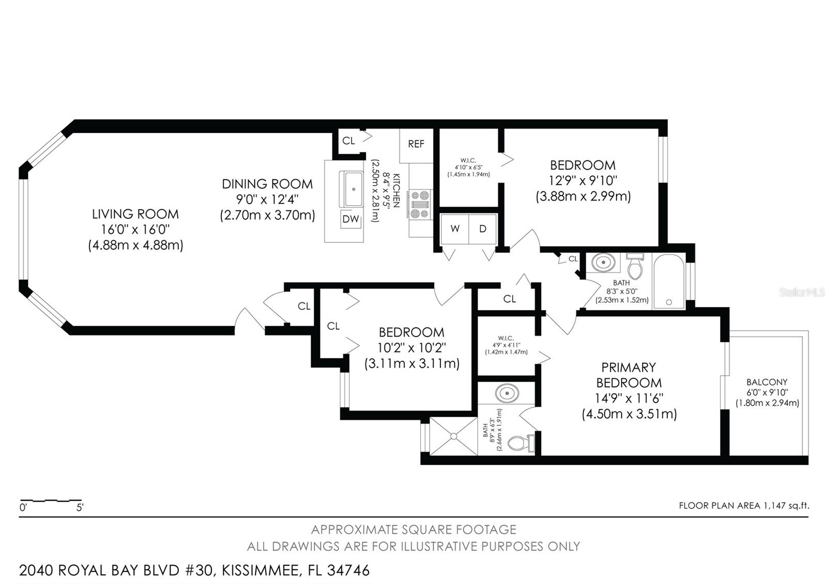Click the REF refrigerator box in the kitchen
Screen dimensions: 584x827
[x=416, y=144]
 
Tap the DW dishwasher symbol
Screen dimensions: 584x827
[x=351, y=219]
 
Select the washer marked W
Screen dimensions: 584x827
[x=455, y=229]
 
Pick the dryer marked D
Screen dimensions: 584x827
[x=483, y=229]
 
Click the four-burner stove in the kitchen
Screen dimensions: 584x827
[x=420, y=205]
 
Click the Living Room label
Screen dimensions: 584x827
[x=135, y=213]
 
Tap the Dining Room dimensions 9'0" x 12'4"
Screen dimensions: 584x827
[x=267, y=199]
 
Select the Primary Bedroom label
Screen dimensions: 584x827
[x=629, y=375]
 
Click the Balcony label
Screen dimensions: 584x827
[x=767, y=382]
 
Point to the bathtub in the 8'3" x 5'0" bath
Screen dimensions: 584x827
[x=669, y=281]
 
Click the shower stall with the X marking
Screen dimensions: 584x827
[x=453, y=436]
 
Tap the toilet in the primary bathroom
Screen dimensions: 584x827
[x=519, y=443]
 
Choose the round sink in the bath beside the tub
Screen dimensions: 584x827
[x=602, y=262]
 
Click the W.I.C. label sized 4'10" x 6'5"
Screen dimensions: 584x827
[x=468, y=160]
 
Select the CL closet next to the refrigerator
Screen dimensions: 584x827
[x=349, y=141]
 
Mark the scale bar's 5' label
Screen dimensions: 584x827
[x=80, y=508]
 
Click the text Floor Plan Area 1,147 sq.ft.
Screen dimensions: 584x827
[x=744, y=505]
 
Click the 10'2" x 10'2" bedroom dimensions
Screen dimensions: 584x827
[x=411, y=348]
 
